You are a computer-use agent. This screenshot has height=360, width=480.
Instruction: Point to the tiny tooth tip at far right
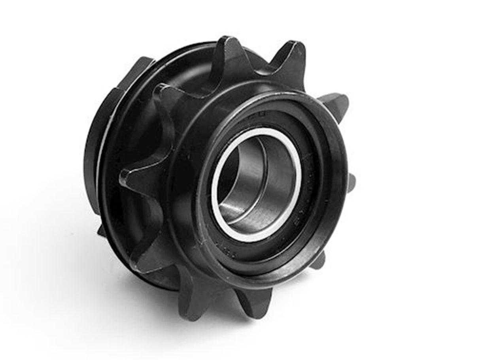point(353,182)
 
